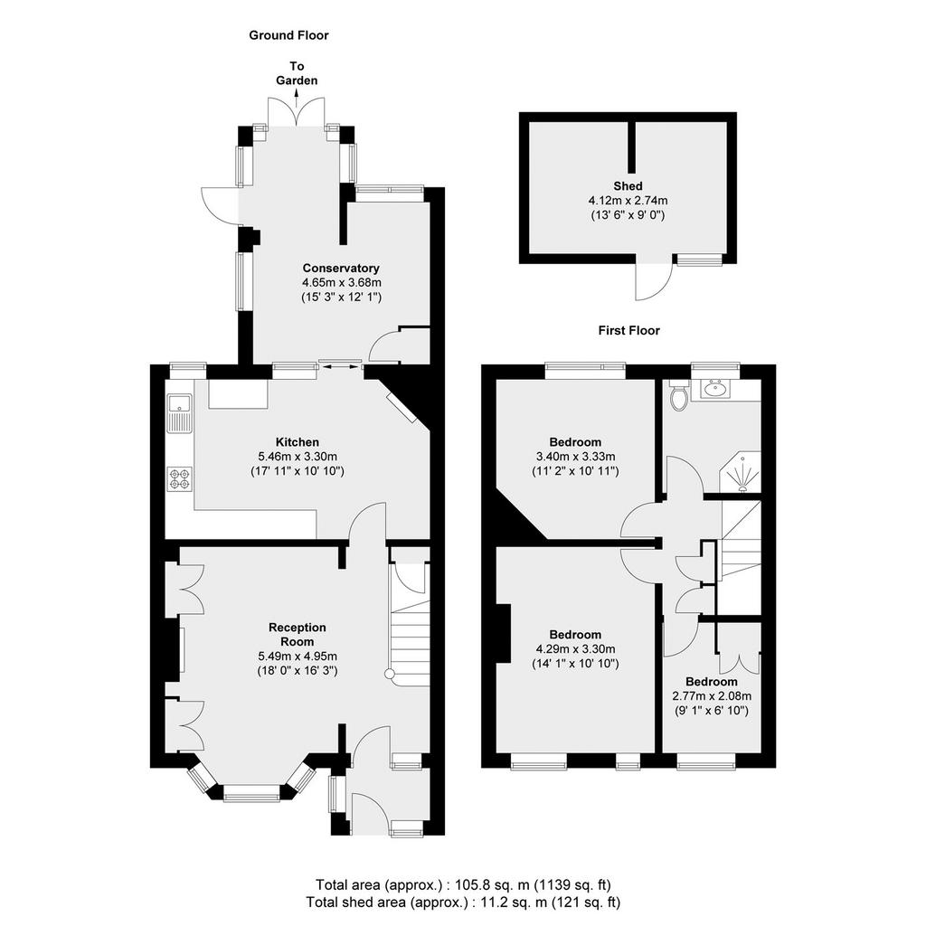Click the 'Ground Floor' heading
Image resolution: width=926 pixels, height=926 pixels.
pyautogui.click(x=288, y=35)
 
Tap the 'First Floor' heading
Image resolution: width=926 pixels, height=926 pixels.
pyautogui.click(x=629, y=331)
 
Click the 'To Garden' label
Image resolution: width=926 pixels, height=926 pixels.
pyautogui.click(x=297, y=73)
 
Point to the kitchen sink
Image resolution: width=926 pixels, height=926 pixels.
pyautogui.click(x=179, y=412)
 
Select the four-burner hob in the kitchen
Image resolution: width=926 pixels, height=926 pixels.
pyautogui.click(x=180, y=478)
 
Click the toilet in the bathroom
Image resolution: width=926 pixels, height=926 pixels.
pyautogui.click(x=679, y=394)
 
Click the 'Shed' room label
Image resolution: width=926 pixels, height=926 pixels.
pyautogui.click(x=628, y=186)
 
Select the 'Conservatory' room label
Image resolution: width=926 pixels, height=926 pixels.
pyautogui.click(x=341, y=268)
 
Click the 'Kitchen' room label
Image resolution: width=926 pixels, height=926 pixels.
pyautogui.click(x=297, y=442)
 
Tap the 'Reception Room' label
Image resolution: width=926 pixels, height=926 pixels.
pyautogui.click(x=297, y=634)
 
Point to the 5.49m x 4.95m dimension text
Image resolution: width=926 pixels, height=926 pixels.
pyautogui.click(x=298, y=657)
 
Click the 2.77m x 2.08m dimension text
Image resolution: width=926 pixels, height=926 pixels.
pyautogui.click(x=712, y=696)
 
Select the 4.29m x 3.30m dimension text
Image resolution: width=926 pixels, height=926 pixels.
pyautogui.click(x=575, y=649)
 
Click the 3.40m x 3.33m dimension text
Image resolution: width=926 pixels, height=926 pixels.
pyautogui.click(x=575, y=457)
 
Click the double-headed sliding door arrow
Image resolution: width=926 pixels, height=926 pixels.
pyautogui.click(x=340, y=367)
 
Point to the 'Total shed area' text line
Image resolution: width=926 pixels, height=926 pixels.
pyautogui.click(x=463, y=902)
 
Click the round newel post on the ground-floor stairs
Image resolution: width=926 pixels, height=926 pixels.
pyautogui.click(x=389, y=674)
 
